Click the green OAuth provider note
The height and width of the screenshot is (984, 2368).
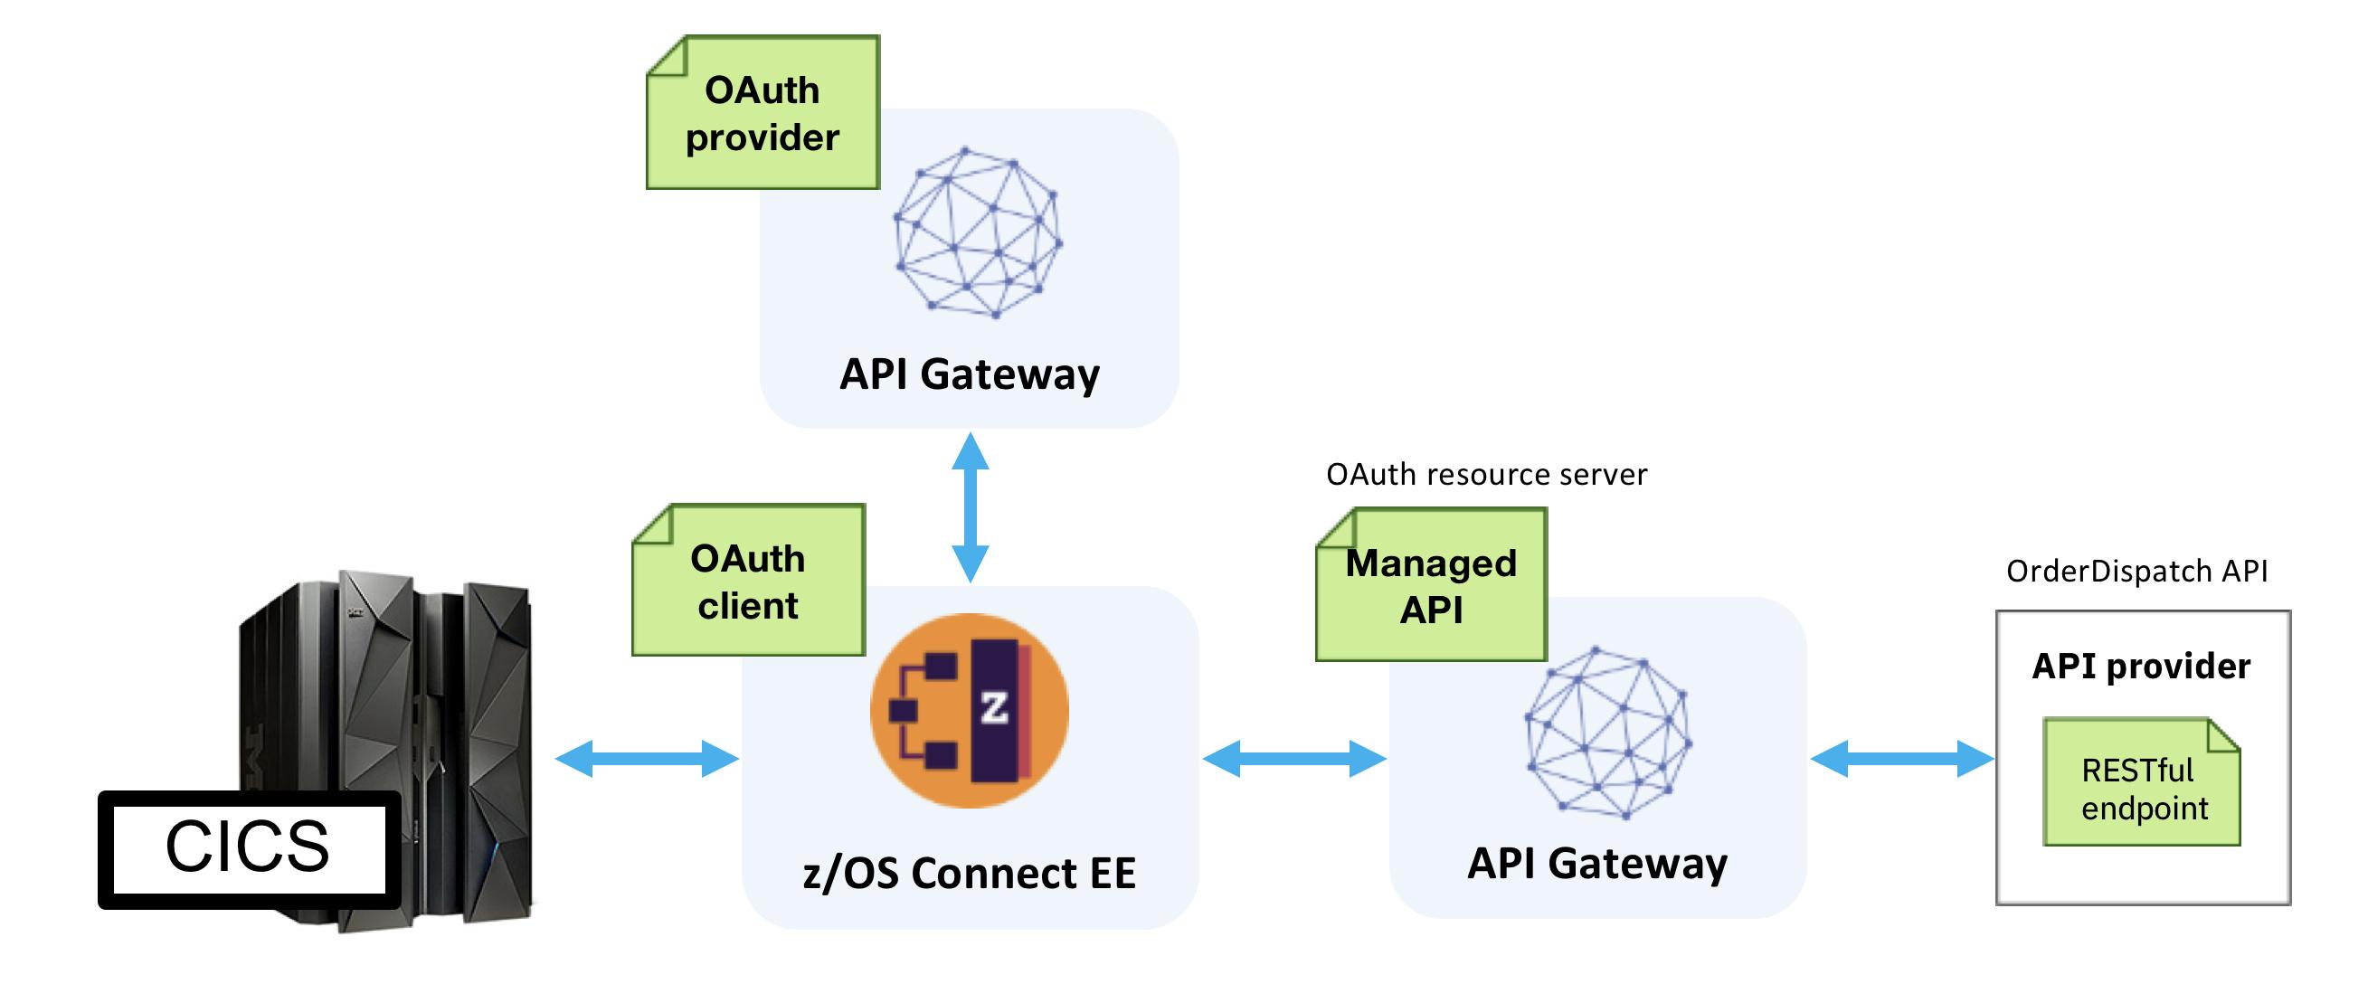(762, 114)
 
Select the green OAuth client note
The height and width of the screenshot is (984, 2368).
(748, 582)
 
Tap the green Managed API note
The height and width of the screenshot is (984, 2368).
(1430, 586)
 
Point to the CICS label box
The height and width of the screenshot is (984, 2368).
(248, 847)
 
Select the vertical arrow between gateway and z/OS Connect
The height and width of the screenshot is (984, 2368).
(970, 507)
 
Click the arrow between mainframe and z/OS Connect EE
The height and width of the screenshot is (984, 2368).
(647, 758)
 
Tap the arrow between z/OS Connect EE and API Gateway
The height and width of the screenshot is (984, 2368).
(1293, 758)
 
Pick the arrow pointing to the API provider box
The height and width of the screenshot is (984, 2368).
(1901, 758)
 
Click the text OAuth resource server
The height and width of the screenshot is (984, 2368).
(1485, 475)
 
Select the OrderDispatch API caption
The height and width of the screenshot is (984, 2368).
(2136, 572)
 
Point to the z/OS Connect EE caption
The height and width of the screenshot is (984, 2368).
(969, 873)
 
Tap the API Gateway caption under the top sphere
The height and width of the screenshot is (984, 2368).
(969, 374)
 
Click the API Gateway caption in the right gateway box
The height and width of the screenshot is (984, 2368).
(1596, 864)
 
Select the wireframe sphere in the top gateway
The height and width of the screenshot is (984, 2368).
(978, 232)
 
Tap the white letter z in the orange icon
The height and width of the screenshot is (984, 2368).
(994, 707)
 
